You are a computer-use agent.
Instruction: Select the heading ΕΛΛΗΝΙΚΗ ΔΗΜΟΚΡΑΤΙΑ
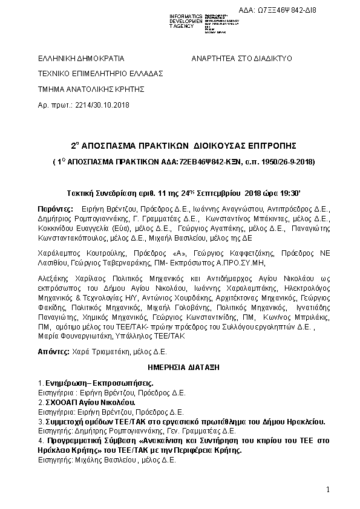81,59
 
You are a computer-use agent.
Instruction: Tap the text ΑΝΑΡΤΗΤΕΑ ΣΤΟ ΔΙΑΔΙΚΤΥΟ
242,59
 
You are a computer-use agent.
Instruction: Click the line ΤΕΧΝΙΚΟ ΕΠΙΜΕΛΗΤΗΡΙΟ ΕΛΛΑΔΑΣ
100,73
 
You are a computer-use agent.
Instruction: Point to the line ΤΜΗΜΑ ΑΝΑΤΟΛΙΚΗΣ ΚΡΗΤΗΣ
91,88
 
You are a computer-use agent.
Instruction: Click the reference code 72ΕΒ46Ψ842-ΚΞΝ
205,163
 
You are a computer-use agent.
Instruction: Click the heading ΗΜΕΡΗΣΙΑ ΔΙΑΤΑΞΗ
183,366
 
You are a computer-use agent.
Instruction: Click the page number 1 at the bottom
327,488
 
